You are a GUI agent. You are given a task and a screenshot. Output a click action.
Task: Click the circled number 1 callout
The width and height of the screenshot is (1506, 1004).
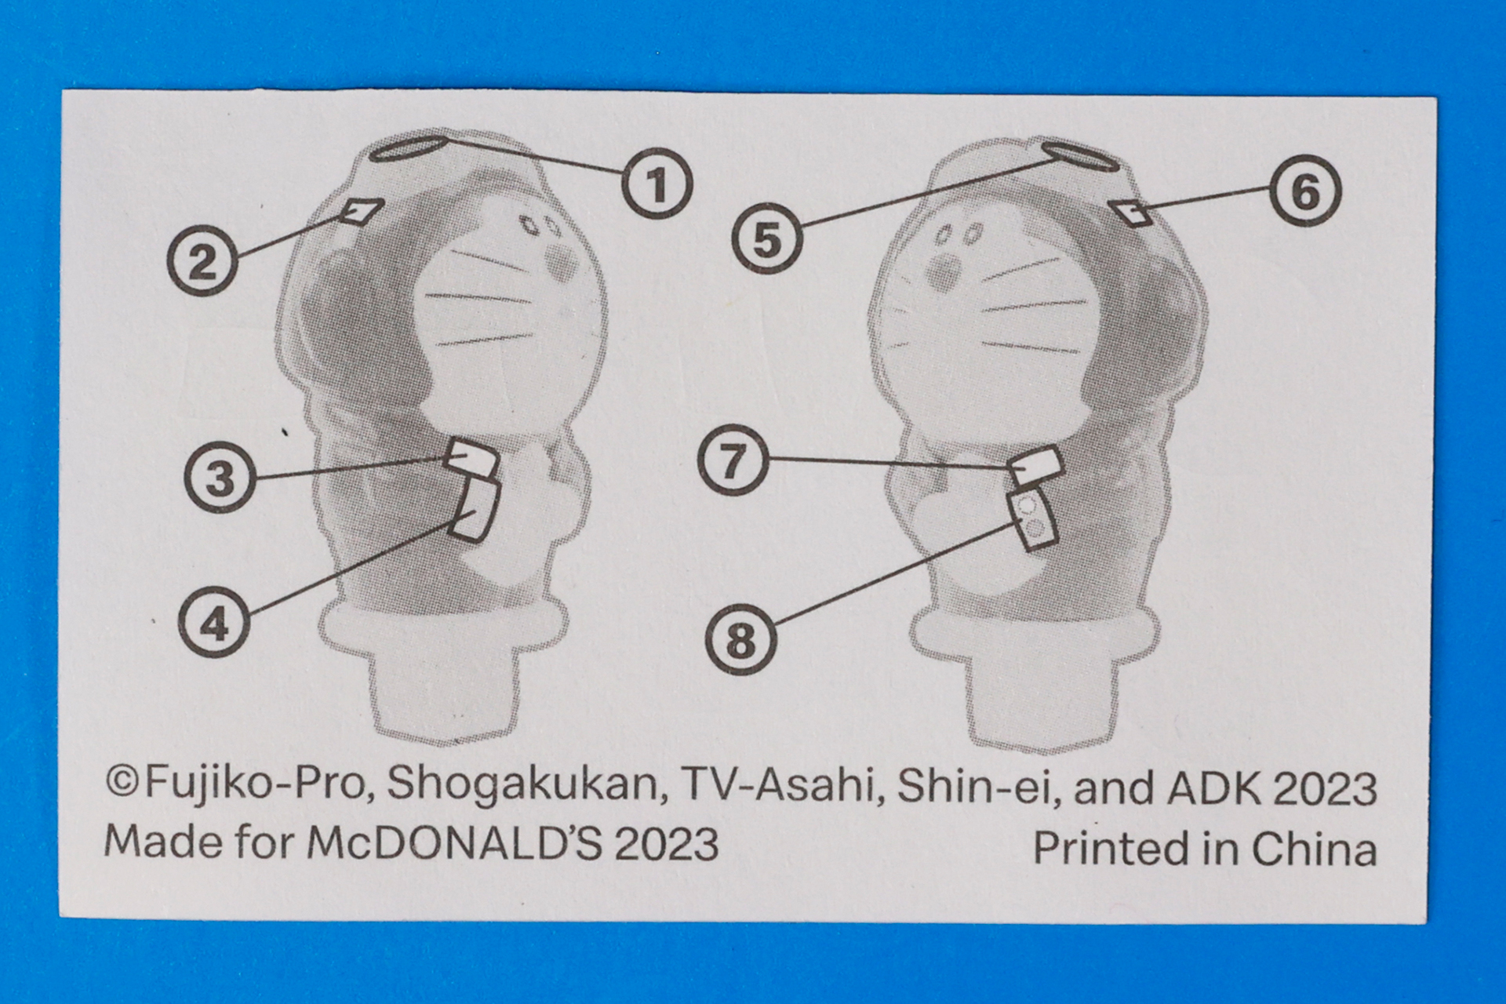click(x=657, y=184)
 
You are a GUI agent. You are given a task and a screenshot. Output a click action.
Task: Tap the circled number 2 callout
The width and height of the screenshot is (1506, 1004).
click(x=202, y=260)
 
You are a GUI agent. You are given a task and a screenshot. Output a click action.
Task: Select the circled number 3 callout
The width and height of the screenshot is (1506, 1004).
click(x=220, y=478)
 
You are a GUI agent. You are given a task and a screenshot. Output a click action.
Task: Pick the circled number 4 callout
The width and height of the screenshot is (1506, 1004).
click(x=214, y=624)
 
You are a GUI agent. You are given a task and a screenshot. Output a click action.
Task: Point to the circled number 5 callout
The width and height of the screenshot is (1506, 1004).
click(x=767, y=238)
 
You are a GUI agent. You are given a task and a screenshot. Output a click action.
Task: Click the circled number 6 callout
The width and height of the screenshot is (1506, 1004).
click(x=1305, y=191)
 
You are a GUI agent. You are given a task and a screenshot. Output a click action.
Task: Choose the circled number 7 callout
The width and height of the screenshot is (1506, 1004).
click(x=733, y=460)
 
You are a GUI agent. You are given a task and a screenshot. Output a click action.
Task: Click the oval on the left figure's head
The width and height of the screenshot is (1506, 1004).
click(x=408, y=148)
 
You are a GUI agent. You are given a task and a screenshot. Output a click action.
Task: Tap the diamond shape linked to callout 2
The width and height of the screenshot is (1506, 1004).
click(x=363, y=212)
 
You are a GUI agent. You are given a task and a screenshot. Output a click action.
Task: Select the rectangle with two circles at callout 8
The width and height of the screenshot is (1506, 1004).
click(x=1034, y=518)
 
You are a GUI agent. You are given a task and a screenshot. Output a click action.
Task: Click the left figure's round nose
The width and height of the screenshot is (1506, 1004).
click(x=562, y=264)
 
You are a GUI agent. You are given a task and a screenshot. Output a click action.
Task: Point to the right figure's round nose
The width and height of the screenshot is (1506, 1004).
click(x=944, y=272)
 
